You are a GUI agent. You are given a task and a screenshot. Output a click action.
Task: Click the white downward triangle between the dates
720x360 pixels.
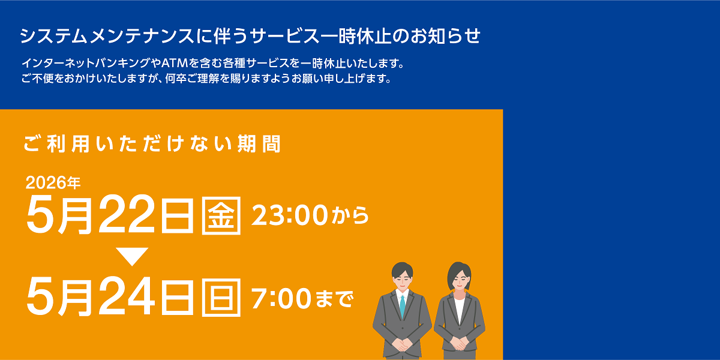coord(132,256)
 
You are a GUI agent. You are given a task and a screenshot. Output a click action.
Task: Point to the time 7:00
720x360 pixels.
coord(279,297)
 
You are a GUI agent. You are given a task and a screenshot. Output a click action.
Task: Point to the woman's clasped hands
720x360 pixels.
coord(459,343)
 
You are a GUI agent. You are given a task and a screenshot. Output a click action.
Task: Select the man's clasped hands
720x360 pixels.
coord(403,344)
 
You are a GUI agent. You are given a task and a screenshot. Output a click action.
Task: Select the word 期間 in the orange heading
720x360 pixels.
coord(262,144)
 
